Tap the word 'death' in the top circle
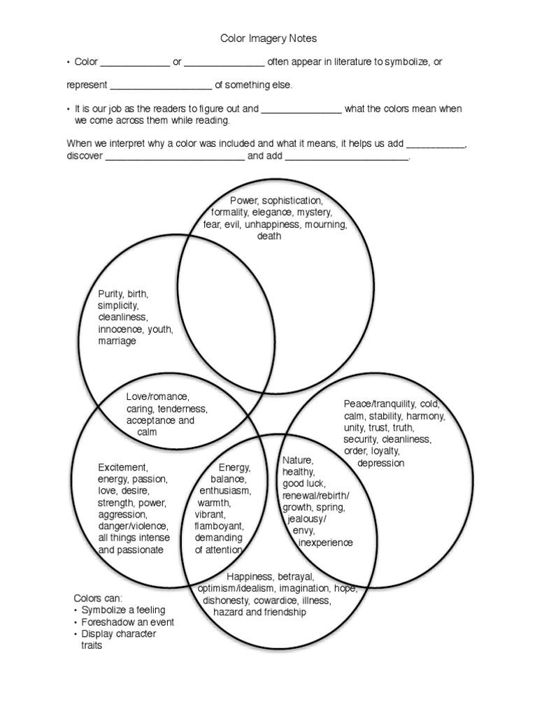click(x=269, y=236)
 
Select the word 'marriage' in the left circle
click(x=117, y=341)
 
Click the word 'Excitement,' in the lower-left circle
click(x=123, y=466)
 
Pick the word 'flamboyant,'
click(x=219, y=526)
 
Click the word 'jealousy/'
click(x=306, y=520)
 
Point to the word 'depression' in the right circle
click(x=380, y=463)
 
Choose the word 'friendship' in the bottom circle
click(x=282, y=613)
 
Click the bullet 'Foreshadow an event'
click(x=128, y=622)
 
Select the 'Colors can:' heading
click(x=98, y=599)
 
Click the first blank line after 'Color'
click(x=135, y=64)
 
